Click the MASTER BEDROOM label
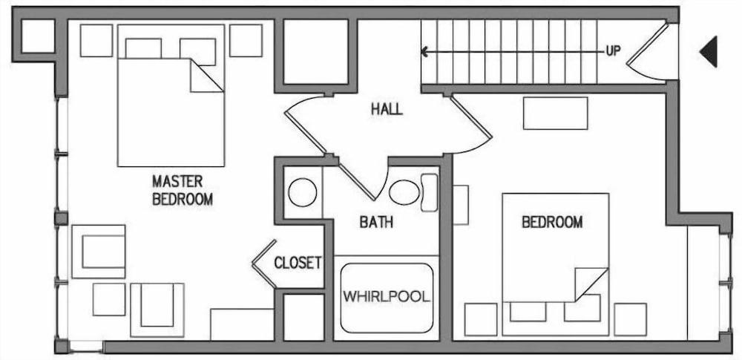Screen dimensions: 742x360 [x=183, y=191]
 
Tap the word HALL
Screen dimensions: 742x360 [x=387, y=109]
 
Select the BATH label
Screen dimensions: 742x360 [x=376, y=222]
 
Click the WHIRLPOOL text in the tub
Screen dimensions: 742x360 [x=387, y=297]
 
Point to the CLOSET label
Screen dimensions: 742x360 [x=298, y=263]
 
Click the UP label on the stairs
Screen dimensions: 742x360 [x=613, y=51]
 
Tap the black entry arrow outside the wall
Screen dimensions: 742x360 [x=709, y=51]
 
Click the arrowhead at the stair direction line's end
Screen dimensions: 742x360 [x=424, y=51]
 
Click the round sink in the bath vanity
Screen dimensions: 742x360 [x=303, y=192]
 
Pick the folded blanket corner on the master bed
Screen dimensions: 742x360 [x=206, y=75]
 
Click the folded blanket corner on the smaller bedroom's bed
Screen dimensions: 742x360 [x=591, y=284]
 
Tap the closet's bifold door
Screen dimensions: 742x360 [x=263, y=264]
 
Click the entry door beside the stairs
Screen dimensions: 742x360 [x=647, y=51]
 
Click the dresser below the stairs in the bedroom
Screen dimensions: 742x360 [x=556, y=113]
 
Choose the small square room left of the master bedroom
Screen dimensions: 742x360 [x=39, y=36]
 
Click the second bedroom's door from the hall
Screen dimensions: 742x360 [x=471, y=124]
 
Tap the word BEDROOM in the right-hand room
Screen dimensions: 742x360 [x=552, y=222]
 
